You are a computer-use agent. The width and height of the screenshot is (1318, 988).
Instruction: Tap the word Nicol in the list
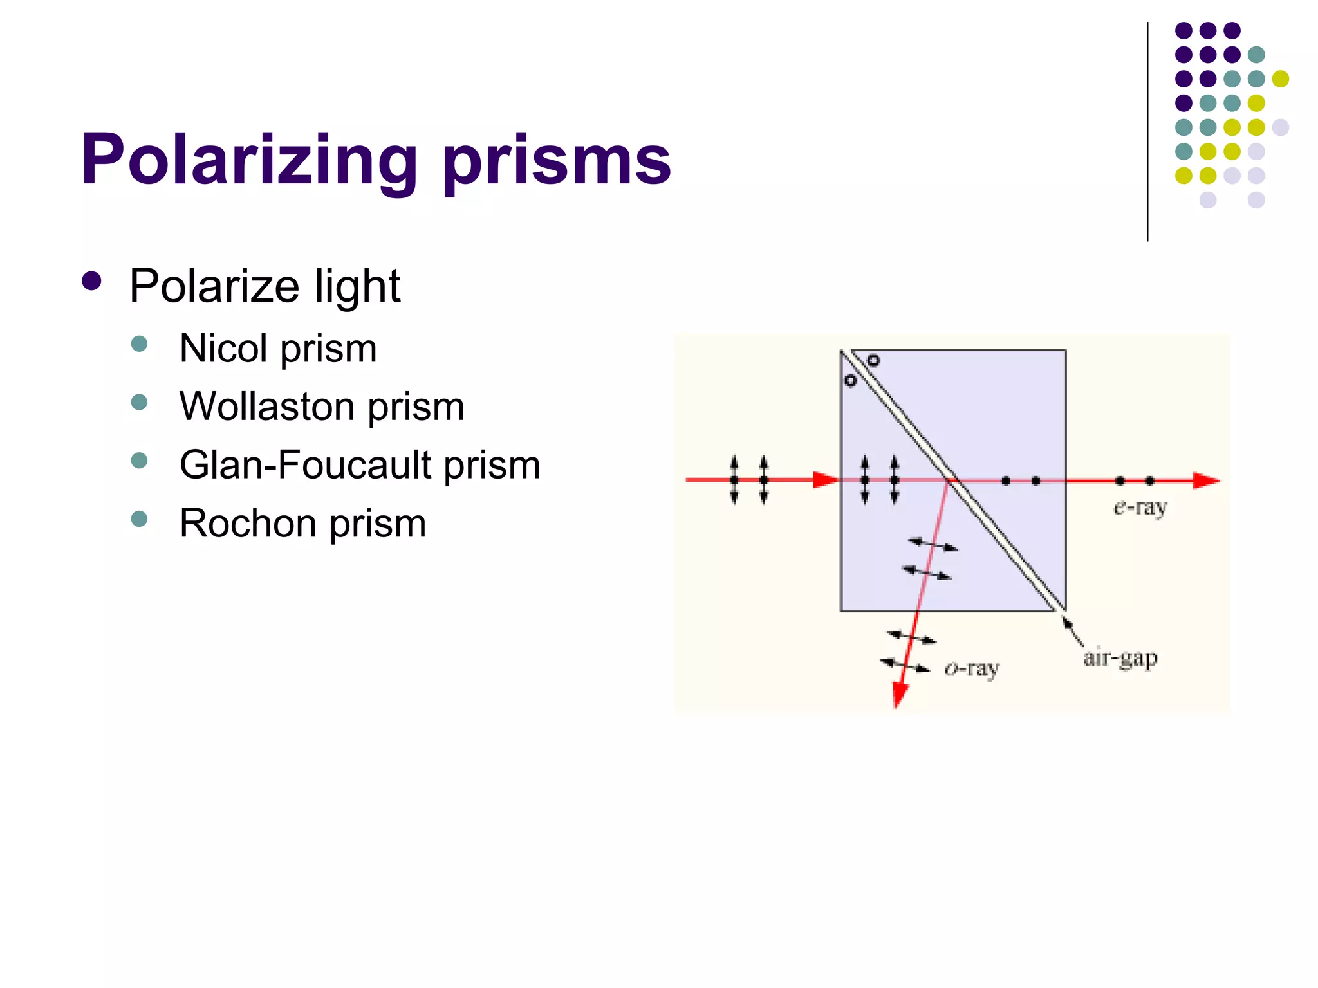223,349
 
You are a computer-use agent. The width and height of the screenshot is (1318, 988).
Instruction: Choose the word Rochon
248,523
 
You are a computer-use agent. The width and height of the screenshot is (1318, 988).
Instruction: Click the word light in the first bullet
357,286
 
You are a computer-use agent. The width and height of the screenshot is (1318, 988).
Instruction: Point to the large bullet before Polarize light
92,281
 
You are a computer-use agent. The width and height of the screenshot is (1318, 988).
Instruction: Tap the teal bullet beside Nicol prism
139,343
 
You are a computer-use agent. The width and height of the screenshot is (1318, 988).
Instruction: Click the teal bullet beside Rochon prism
139,518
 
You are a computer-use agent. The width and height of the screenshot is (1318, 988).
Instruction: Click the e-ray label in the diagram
1140,508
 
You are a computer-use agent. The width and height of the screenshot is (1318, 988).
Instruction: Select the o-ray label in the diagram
972,670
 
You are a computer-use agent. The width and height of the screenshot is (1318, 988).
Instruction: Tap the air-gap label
1120,658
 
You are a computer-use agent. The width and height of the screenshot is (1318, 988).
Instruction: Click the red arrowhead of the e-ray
1206,480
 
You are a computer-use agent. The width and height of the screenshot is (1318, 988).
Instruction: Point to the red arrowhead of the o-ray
900,695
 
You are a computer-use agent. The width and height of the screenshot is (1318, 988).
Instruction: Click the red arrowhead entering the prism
826,480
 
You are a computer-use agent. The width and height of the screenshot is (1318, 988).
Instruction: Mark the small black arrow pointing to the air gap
1072,630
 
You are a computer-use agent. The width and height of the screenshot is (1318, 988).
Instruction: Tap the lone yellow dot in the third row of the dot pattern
1280,79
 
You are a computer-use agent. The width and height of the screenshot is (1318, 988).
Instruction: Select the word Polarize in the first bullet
214,286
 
